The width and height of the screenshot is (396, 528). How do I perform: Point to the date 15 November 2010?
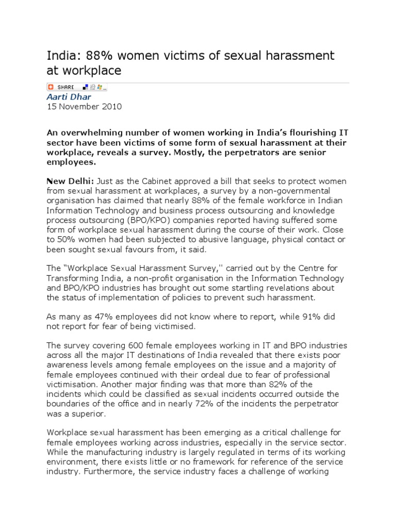tap(84, 107)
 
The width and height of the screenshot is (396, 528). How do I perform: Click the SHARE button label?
tap(66, 87)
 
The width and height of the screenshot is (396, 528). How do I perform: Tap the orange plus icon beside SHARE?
tap(51, 87)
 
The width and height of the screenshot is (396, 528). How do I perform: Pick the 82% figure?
tap(274, 384)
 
